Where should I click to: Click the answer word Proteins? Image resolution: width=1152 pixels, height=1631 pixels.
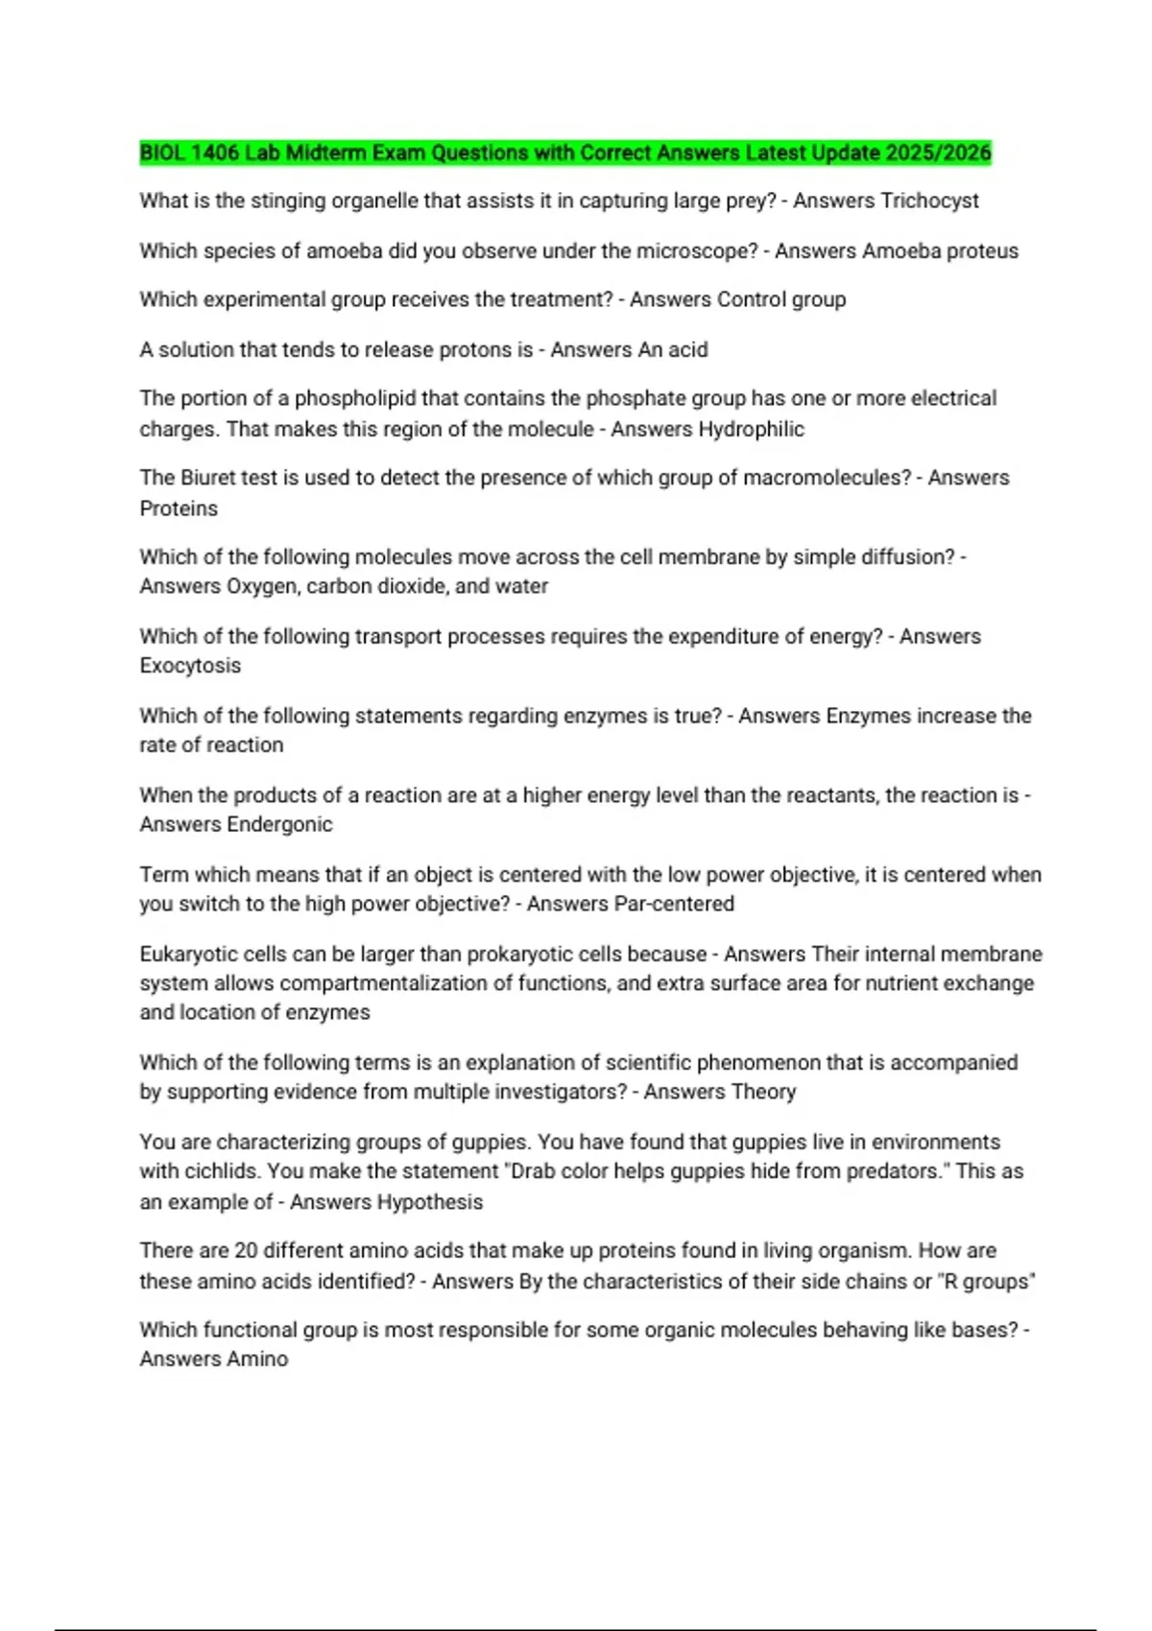pyautogui.click(x=179, y=508)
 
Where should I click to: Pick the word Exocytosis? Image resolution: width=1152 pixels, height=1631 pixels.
pyautogui.click(x=190, y=666)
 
